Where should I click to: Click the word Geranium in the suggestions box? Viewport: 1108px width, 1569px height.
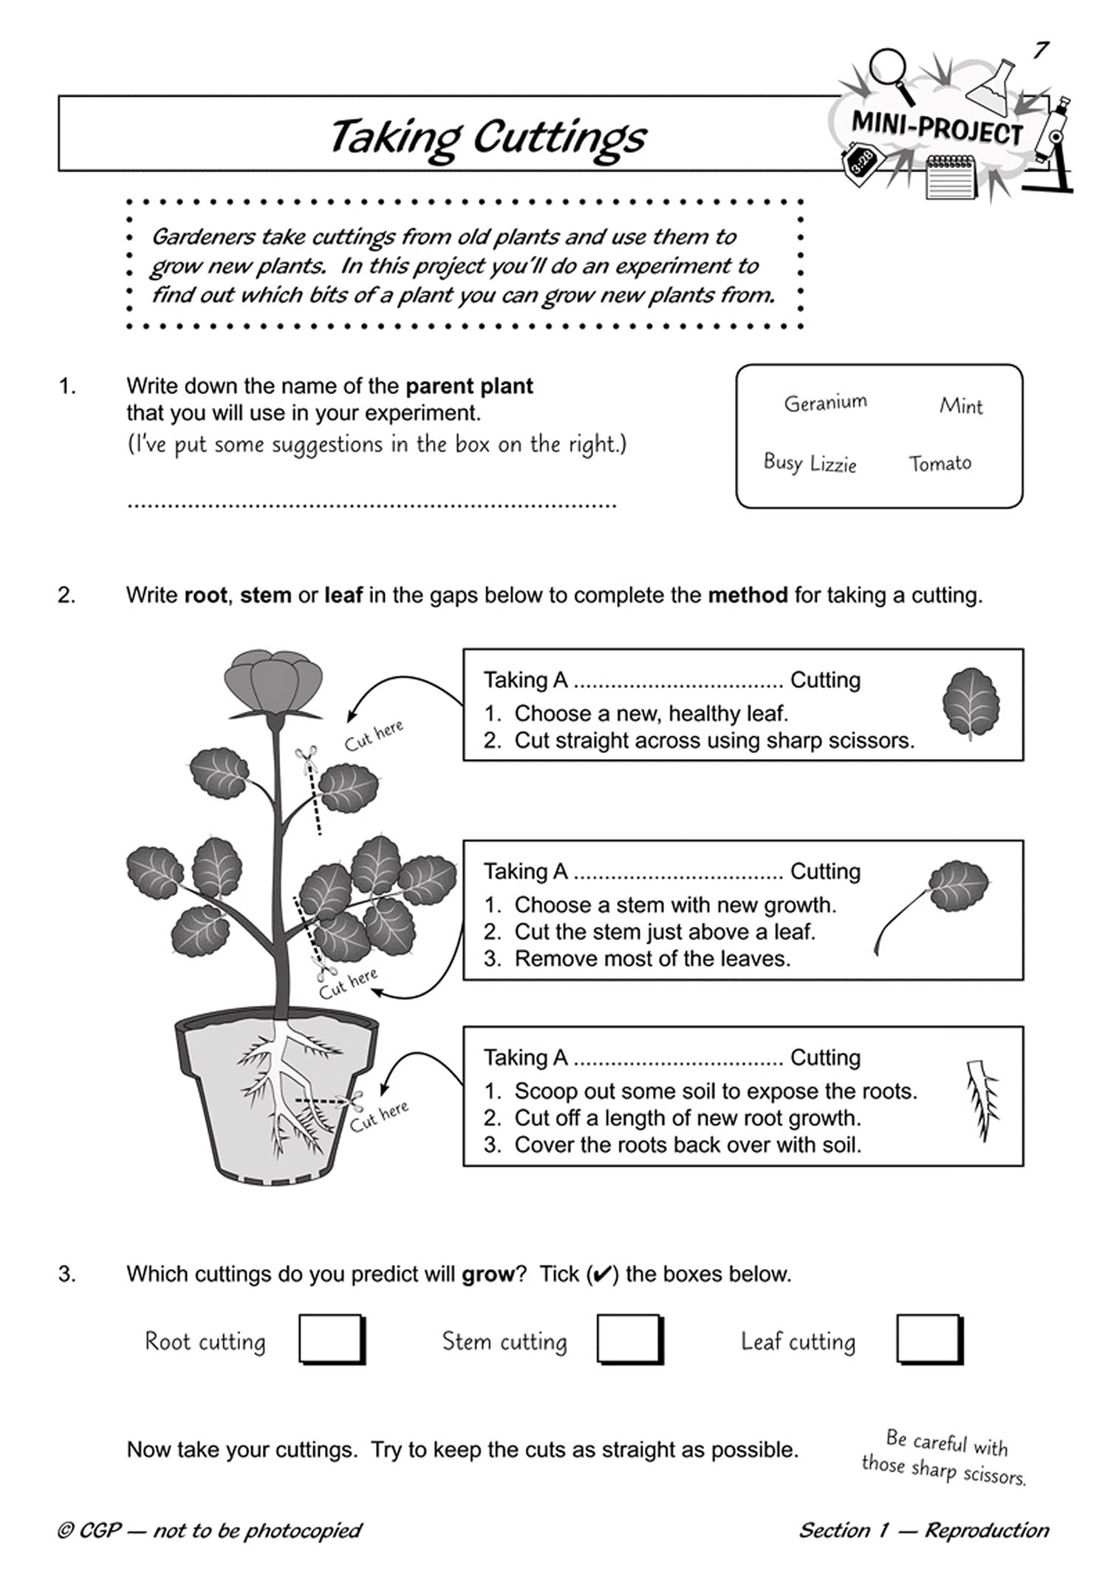825,403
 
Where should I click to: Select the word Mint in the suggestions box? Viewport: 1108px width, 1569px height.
961,406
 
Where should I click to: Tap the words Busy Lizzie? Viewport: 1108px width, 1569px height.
810,463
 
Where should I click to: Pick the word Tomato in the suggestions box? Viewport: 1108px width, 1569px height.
940,463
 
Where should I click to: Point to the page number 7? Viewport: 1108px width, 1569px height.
1041,50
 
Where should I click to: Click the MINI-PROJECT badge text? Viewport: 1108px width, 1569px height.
937,129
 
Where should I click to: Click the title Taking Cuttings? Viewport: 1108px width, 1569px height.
488,137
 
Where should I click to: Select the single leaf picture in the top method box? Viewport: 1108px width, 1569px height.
971,703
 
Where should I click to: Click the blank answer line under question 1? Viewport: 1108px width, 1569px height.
371,504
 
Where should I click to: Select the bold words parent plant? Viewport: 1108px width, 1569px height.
469,386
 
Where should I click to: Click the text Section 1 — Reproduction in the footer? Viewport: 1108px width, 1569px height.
923,1530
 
